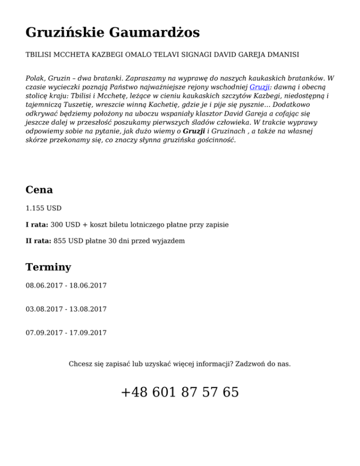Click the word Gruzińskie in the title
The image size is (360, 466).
[x=65, y=33]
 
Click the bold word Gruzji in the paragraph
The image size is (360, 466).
[x=193, y=132]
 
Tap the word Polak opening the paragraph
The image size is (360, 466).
[x=36, y=78]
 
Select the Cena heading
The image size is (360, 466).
[x=39, y=190]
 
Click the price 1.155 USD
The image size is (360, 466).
[x=44, y=208]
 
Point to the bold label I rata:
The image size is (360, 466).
[x=37, y=225]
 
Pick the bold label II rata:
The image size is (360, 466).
[x=38, y=241]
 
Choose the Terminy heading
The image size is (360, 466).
[x=48, y=267]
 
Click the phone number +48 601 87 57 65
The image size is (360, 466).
[x=180, y=392]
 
